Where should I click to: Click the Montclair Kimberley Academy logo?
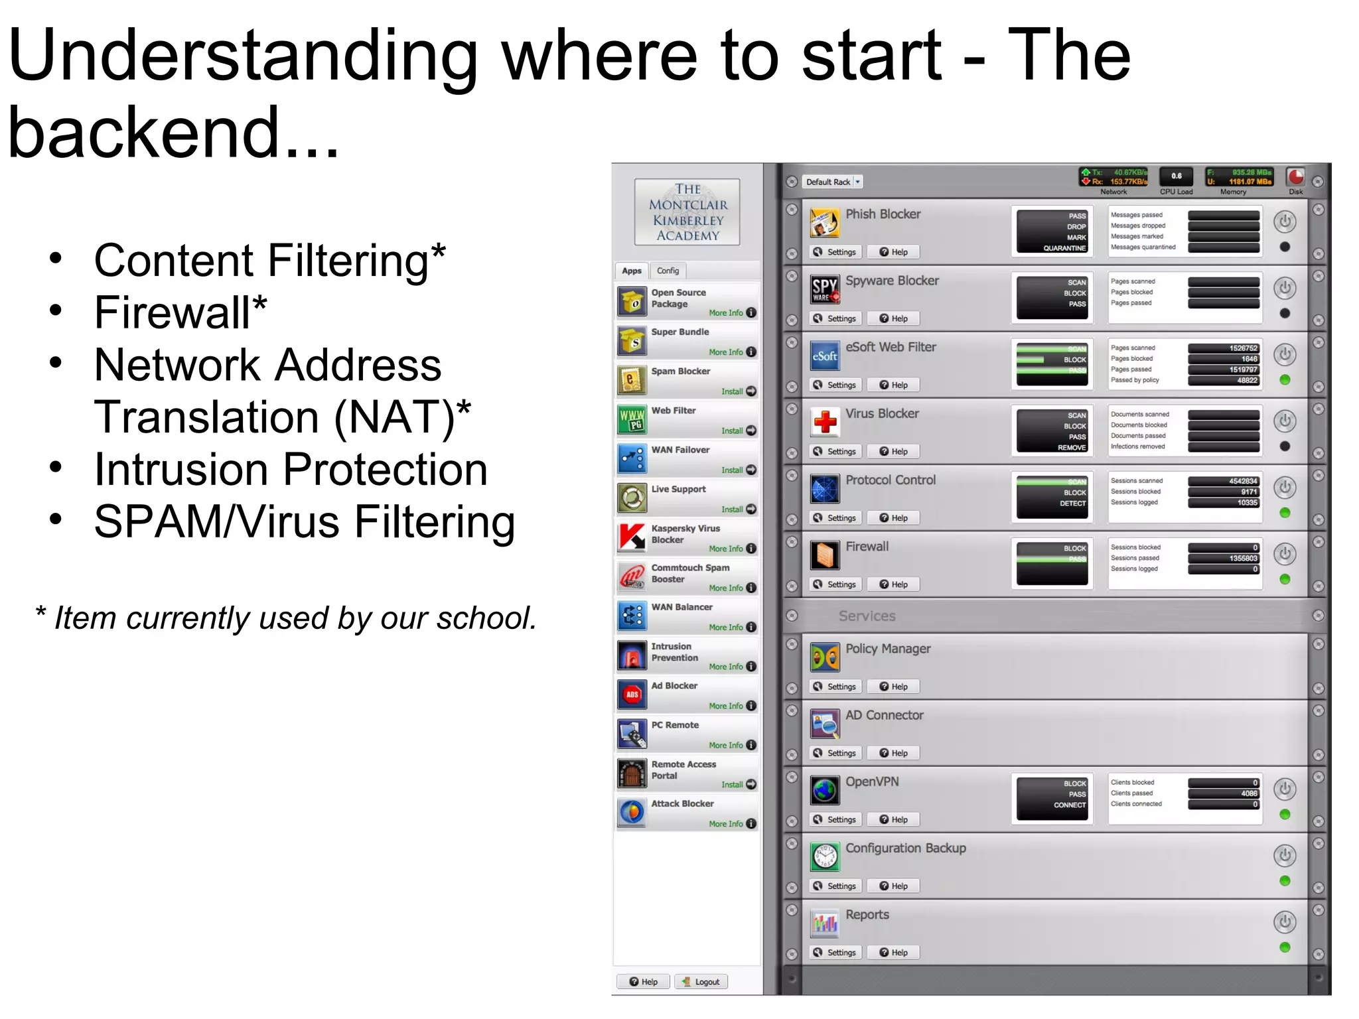tap(687, 212)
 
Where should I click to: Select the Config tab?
tap(668, 271)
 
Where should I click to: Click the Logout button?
tap(701, 982)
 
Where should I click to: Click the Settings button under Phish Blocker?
tap(835, 252)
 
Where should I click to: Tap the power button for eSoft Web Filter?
tap(1285, 354)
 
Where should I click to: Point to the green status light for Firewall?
tap(1285, 579)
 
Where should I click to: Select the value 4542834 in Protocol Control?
tap(1224, 481)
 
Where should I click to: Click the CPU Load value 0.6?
tap(1176, 176)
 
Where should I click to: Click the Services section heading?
tap(867, 616)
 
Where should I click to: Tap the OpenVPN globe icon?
tap(825, 790)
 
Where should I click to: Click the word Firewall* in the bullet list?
tap(180, 312)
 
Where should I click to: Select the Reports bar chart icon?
tap(825, 923)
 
